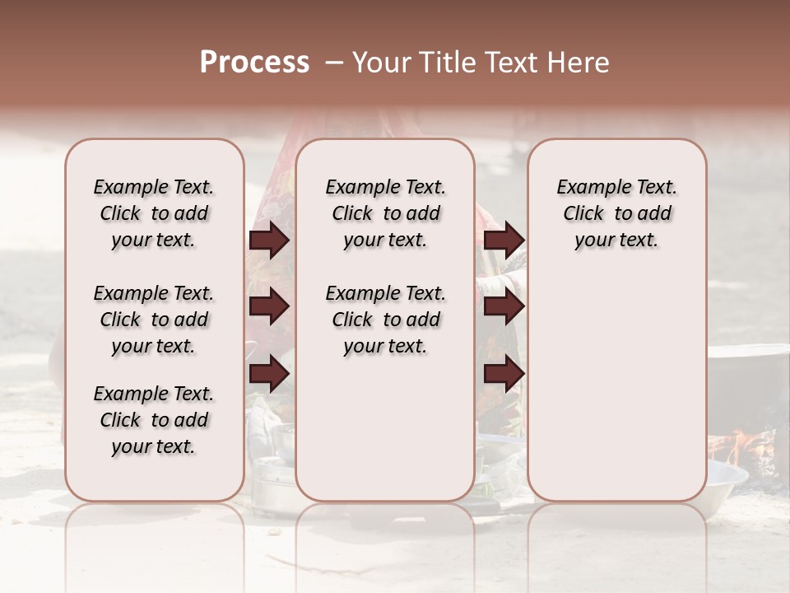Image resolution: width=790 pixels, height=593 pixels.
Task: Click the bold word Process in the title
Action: point(254,63)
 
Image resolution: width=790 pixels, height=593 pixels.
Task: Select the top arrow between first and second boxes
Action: point(269,240)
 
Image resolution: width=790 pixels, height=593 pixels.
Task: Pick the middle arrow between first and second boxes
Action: point(269,307)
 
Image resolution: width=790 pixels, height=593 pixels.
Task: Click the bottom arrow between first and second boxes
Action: point(269,374)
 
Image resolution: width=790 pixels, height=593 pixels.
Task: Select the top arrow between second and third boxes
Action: point(504,240)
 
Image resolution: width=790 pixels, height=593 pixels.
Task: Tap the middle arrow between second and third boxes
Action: point(504,307)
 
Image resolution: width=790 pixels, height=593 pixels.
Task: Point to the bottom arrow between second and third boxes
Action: point(504,374)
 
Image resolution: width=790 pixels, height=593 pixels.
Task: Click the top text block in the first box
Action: point(154,213)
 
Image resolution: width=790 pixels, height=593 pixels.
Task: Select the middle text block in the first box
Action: point(154,320)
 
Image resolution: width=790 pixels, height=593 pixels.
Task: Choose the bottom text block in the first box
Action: point(154,420)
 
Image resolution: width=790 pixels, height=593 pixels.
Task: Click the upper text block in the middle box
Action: point(385,213)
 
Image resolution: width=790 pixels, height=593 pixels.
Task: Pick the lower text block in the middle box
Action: point(385,320)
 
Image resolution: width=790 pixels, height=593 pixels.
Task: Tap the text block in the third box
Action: point(616,213)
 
